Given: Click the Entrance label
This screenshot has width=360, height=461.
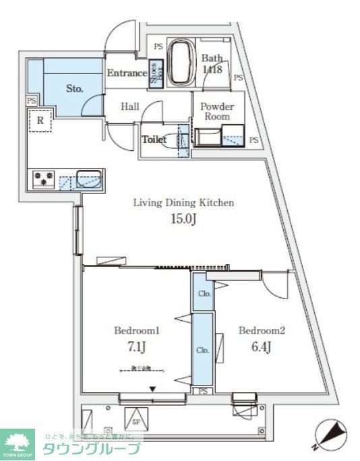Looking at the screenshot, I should (x=127, y=73).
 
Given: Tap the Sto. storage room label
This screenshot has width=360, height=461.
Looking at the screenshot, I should (x=74, y=88).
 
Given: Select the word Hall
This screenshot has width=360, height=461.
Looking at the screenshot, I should (x=131, y=106).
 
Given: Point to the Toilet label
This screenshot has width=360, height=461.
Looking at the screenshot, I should (x=154, y=140).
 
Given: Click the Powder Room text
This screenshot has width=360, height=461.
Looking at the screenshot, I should (x=216, y=111).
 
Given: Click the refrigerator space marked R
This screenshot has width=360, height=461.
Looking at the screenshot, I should (x=41, y=121).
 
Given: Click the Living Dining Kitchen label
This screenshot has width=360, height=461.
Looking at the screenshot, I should (x=183, y=202).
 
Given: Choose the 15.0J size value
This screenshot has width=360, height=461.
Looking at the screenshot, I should (x=183, y=220).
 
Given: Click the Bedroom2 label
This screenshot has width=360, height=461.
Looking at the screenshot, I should (x=262, y=331).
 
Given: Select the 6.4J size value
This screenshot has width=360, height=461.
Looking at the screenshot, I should (x=262, y=348).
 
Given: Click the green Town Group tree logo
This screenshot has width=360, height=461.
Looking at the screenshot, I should (x=20, y=441).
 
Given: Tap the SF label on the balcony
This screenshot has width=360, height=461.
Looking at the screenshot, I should (x=136, y=423).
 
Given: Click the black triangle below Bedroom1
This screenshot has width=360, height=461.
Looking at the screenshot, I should (x=154, y=389).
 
